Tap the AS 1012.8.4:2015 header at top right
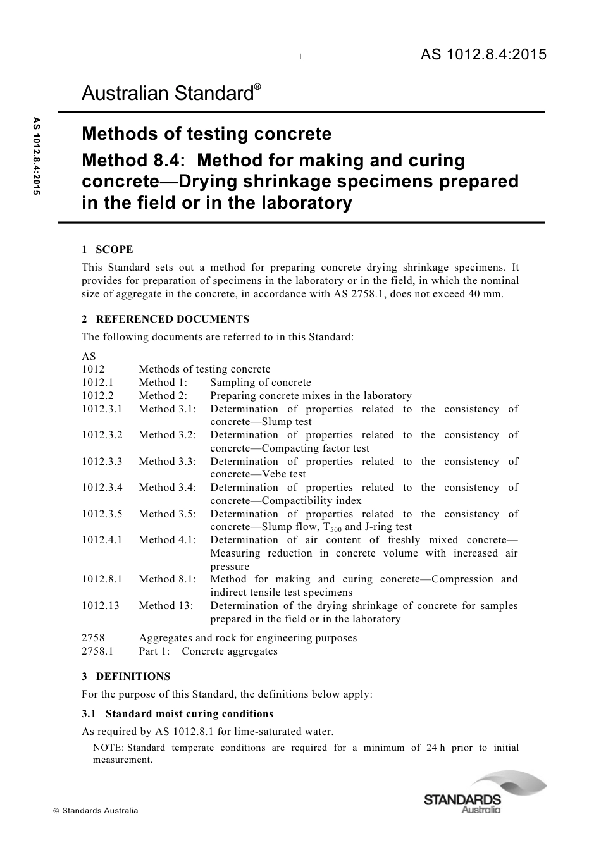pos(483,55)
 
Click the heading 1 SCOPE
pos(108,250)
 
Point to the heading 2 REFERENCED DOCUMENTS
pos(166,319)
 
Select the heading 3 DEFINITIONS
pos(126,676)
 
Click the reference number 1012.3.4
pos(102,488)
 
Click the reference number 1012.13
pos(100,606)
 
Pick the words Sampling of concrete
pos(261,383)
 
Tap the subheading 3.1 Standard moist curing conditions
pos(178,714)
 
